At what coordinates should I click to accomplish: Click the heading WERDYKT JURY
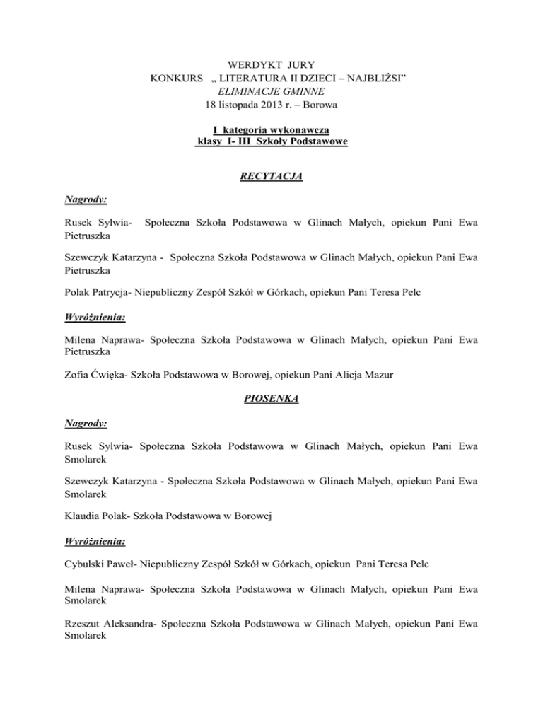[x=271, y=65]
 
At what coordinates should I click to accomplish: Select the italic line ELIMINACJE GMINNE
[x=271, y=92]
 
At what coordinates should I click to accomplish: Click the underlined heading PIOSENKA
[x=271, y=399]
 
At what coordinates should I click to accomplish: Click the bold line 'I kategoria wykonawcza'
[x=271, y=129]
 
